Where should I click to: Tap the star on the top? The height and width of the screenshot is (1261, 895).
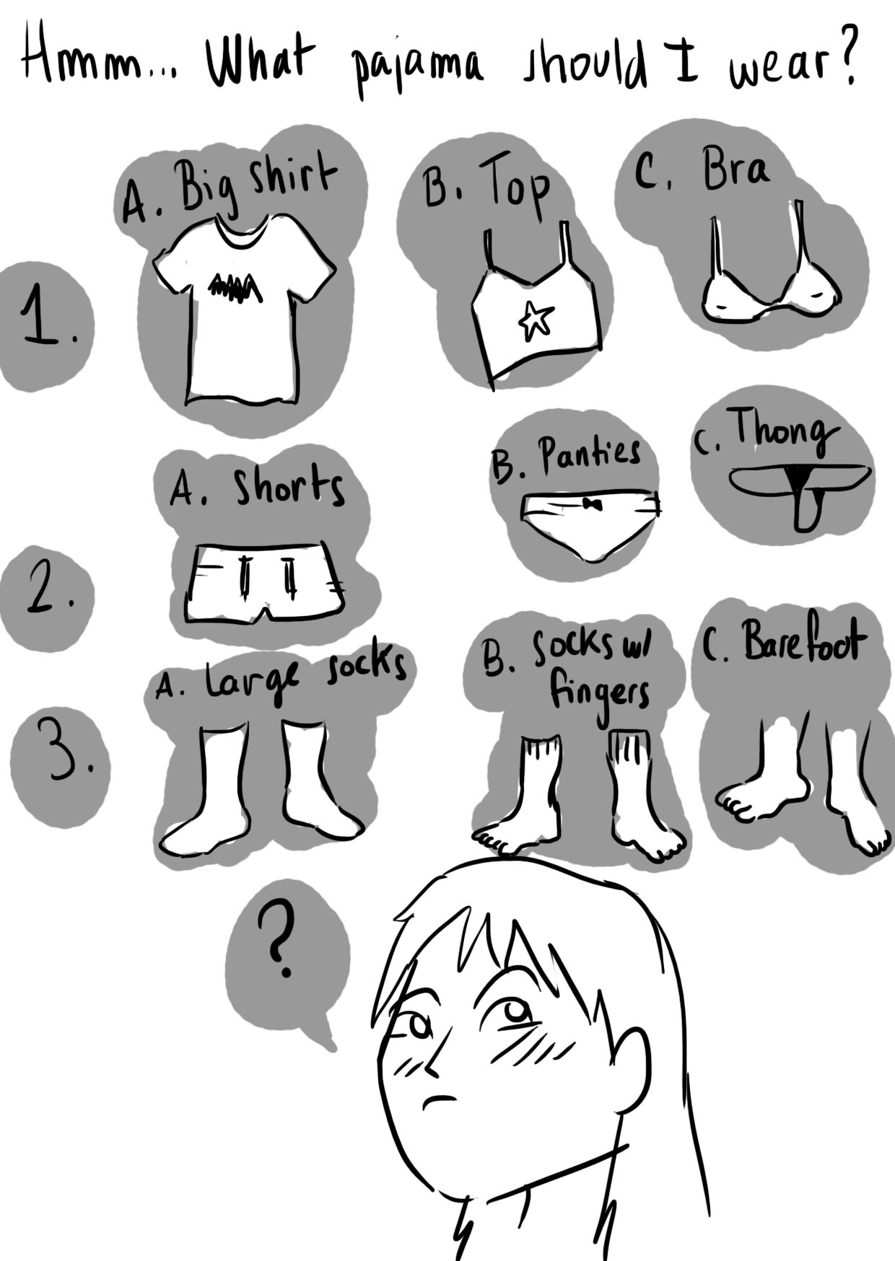tap(536, 320)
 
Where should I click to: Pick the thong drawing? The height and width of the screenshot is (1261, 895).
tap(800, 491)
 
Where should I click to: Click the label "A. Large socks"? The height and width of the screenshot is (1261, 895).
tap(280, 675)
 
